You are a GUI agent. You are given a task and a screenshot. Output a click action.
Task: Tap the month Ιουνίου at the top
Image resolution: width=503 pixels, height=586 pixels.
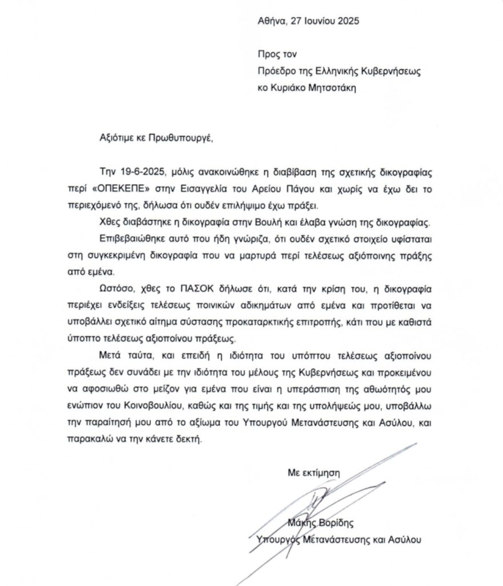point(317,21)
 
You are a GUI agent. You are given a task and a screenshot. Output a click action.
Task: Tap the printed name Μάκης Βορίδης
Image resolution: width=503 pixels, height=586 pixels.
point(328,522)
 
